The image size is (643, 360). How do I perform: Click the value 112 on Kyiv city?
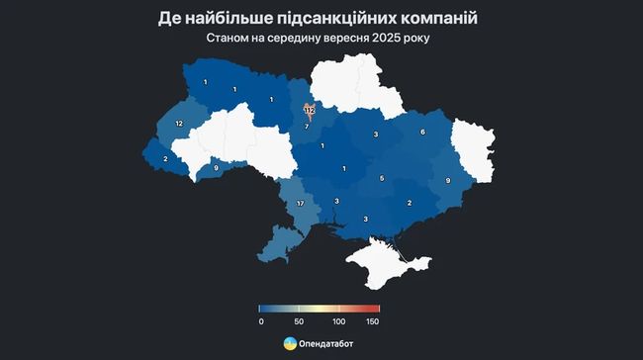pyautogui.click(x=309, y=110)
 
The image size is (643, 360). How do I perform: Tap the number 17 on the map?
pyautogui.click(x=300, y=204)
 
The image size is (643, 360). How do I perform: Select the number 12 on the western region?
pyautogui.click(x=179, y=123)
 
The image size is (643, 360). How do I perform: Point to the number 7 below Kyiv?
pyautogui.click(x=307, y=127)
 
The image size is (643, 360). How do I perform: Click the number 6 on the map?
pyautogui.click(x=422, y=132)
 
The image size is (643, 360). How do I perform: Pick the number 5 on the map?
pyautogui.click(x=382, y=179)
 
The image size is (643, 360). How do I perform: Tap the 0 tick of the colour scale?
pyautogui.click(x=260, y=321)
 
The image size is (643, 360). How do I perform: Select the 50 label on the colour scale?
pyautogui.click(x=299, y=321)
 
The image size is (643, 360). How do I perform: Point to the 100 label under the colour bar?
pyautogui.click(x=339, y=321)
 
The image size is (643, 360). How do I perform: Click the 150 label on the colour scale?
pyautogui.click(x=372, y=321)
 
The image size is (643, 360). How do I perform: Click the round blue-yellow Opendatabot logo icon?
pyautogui.click(x=289, y=343)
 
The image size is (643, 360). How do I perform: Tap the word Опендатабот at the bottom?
pyautogui.click(x=325, y=344)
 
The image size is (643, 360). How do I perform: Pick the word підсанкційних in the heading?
pyautogui.click(x=333, y=19)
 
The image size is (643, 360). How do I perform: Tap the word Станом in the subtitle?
pyautogui.click(x=230, y=40)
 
